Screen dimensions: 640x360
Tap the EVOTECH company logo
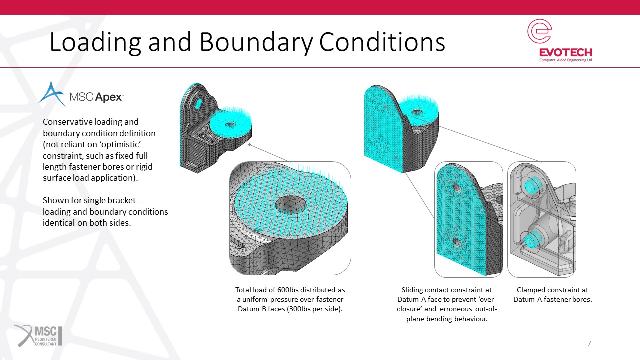[560, 40]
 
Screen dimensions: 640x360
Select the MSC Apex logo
[81, 94]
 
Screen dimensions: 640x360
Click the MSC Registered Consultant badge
[38, 335]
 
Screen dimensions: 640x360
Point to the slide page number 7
[589, 343]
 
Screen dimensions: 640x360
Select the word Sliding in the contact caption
[412, 290]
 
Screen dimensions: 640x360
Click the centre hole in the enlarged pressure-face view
[290, 204]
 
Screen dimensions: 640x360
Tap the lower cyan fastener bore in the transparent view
[532, 240]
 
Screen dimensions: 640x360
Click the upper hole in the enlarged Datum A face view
[457, 188]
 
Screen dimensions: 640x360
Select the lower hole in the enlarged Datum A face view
[457, 242]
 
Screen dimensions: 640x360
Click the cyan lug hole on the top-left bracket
[198, 104]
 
